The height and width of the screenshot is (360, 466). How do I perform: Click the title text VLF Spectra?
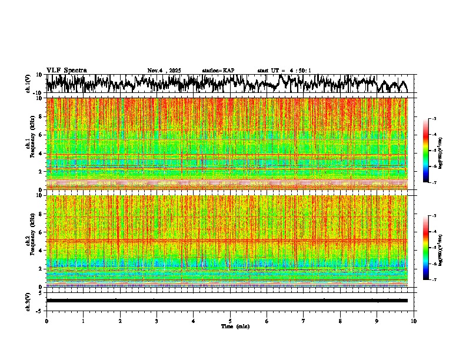click(66, 71)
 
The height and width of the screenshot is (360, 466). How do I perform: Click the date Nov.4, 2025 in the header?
click(164, 71)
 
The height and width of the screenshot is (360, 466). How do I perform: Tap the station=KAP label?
click(218, 71)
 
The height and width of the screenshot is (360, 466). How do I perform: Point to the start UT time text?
click(284, 71)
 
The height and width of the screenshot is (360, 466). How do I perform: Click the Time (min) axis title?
click(235, 326)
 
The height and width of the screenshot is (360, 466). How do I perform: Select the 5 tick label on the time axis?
click(230, 321)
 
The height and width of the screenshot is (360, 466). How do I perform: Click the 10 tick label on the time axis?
click(414, 321)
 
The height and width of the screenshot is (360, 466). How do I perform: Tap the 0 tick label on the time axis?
click(46, 321)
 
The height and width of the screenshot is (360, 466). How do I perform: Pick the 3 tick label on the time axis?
click(157, 321)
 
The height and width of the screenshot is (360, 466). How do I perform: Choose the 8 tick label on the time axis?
click(340, 321)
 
